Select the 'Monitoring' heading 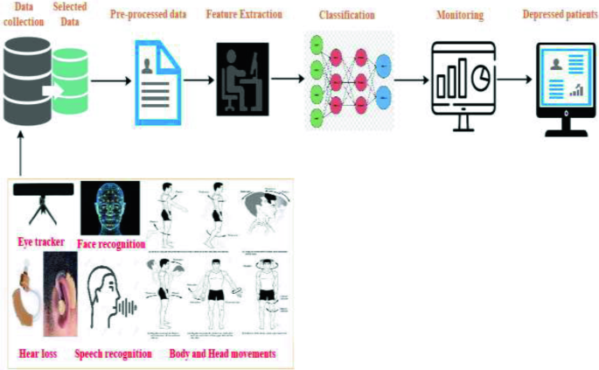pos(461,16)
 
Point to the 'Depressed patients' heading pos(560,15)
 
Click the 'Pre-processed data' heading pos(149,16)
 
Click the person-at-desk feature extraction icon pos(242,80)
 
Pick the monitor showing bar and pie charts pos(461,83)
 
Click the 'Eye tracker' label pos(43,241)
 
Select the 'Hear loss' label pos(38,353)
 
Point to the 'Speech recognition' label pos(113,353)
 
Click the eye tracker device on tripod pos(42,202)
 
